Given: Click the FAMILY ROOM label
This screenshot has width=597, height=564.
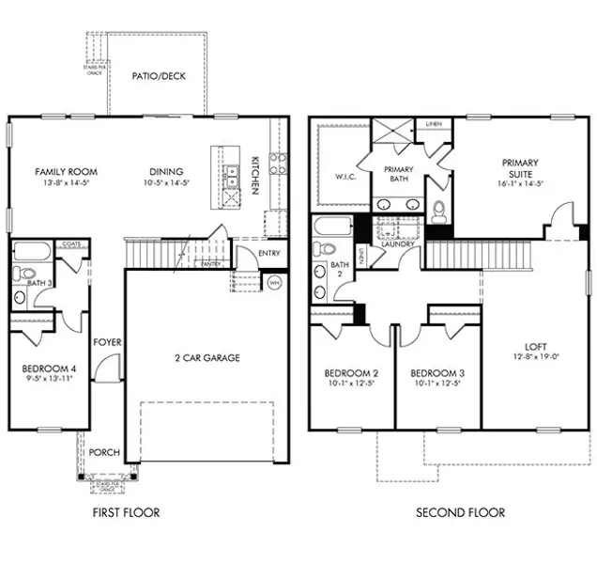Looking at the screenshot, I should pyautogui.click(x=66, y=172).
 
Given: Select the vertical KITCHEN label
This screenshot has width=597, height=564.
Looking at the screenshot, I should pyautogui.click(x=255, y=175).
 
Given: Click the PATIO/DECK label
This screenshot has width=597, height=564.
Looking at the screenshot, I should pyautogui.click(x=157, y=75).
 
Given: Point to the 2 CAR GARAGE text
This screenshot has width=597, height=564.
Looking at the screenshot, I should pyautogui.click(x=208, y=357).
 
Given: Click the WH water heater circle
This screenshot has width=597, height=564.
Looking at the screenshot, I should pyautogui.click(x=275, y=282).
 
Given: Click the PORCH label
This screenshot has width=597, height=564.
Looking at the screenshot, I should pyautogui.click(x=103, y=452).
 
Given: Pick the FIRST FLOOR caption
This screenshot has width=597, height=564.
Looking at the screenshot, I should pyautogui.click(x=127, y=512).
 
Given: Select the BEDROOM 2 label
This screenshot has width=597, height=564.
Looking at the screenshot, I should pyautogui.click(x=351, y=371).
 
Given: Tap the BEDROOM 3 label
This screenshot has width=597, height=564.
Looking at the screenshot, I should pyautogui.click(x=437, y=371).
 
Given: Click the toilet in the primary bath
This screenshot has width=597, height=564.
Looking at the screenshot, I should pyautogui.click(x=437, y=210).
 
